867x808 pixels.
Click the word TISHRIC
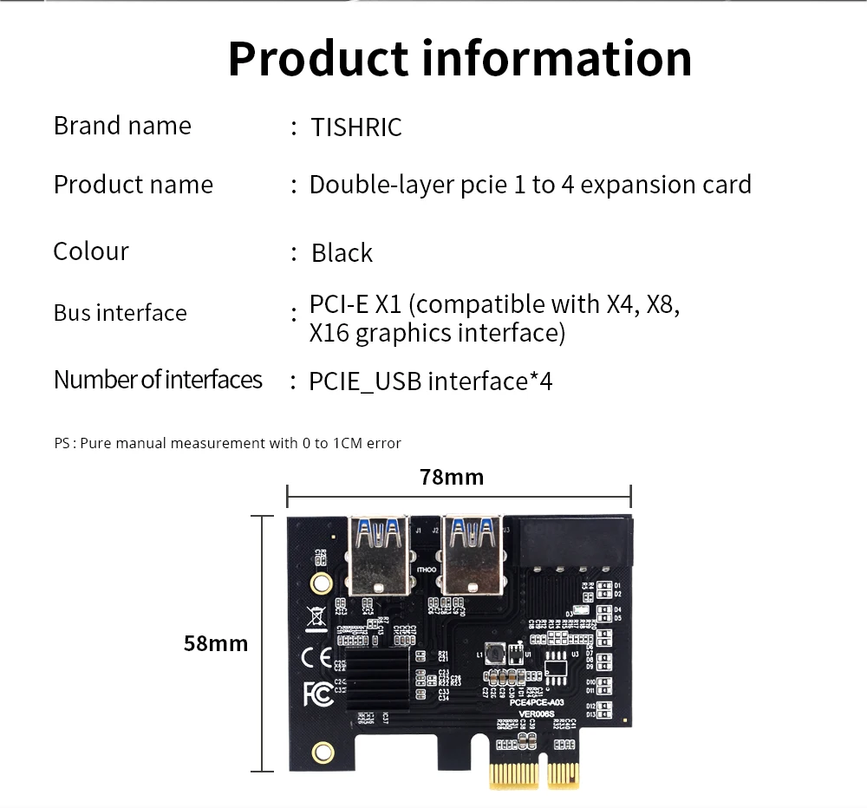357,127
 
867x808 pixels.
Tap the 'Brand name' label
122,126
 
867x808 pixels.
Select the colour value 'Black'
342,253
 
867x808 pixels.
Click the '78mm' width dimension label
452,477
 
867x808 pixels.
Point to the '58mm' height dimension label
216,643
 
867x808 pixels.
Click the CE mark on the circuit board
316,657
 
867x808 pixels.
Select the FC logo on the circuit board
317,694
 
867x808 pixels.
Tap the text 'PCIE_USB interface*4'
431,381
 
